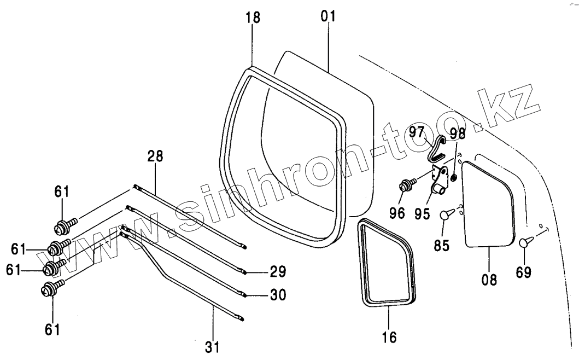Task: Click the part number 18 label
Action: [253, 17]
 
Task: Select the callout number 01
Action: [328, 15]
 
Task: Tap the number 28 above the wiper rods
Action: [155, 155]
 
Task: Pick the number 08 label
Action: [489, 280]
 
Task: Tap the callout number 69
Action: [524, 272]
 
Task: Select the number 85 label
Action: [442, 245]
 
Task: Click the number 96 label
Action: [398, 213]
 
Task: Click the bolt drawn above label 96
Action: [406, 185]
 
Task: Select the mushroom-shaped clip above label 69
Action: [524, 241]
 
